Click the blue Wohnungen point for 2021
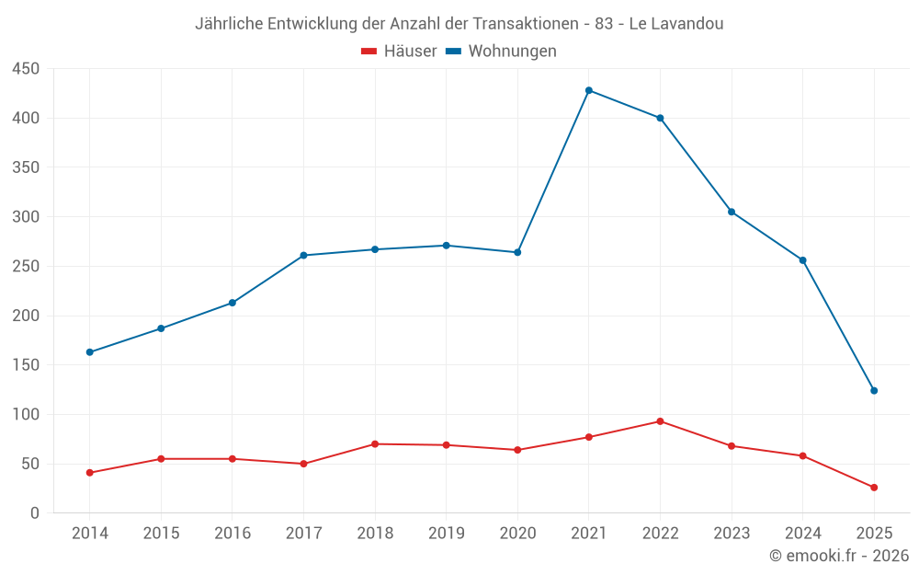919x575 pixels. [589, 90]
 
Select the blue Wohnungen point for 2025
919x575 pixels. [874, 391]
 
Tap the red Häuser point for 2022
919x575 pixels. [660, 421]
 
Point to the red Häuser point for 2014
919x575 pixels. [90, 473]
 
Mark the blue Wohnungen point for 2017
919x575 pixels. [303, 256]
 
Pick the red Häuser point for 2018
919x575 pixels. [375, 444]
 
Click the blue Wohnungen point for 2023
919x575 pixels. [732, 212]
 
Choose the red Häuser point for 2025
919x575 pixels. [874, 488]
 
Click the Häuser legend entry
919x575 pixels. [399, 52]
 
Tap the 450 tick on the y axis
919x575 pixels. [26, 69]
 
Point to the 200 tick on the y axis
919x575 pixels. [26, 316]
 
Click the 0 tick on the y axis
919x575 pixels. [35, 513]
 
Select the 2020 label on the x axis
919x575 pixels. [517, 534]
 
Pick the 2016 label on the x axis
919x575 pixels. [232, 534]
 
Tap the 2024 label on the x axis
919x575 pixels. [802, 534]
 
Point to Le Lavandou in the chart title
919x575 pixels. [676, 24]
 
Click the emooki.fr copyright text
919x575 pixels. [839, 556]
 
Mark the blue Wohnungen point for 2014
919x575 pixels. [90, 352]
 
